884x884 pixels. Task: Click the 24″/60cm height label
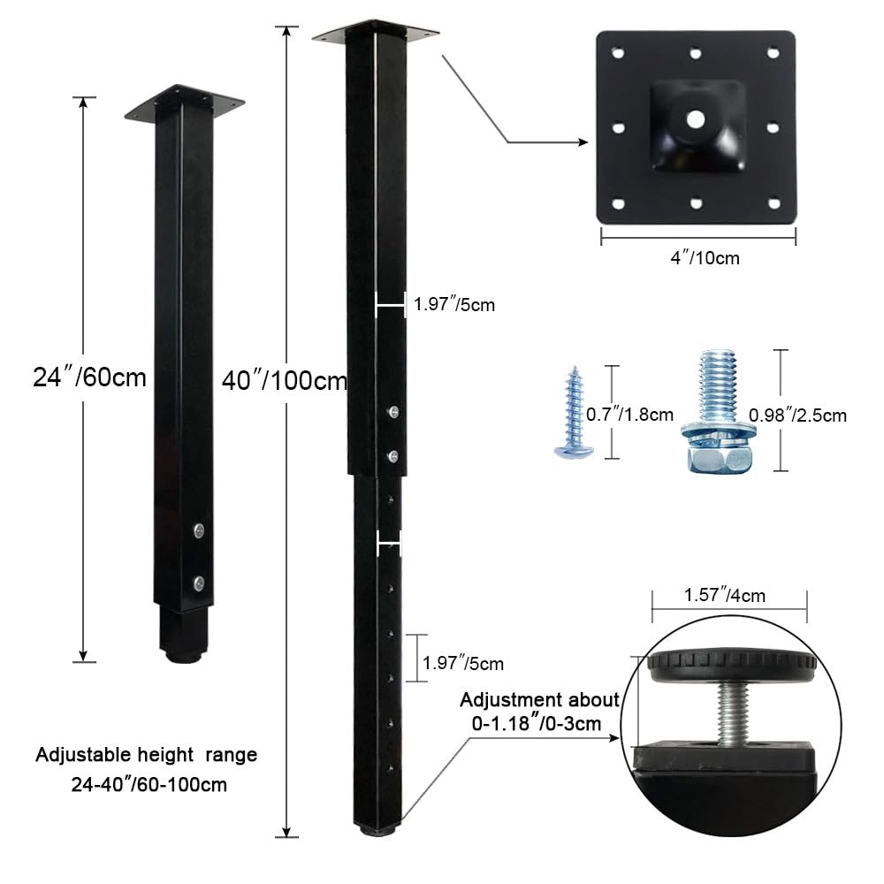89,377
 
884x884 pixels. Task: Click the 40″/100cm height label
283,381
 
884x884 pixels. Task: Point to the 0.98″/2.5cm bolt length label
797,415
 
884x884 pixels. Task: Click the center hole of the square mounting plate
696,118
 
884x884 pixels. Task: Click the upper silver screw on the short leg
200,530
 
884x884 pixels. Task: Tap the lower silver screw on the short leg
200,583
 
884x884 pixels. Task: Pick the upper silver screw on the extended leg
392,411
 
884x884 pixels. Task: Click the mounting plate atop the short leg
184,104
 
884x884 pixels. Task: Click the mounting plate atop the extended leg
375,32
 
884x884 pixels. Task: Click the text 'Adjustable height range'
146,755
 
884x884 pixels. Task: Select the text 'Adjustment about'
539,700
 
